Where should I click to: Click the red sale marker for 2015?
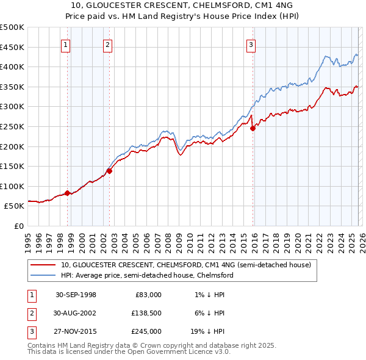(253, 128)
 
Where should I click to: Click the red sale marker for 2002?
(110, 171)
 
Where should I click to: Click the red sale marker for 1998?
(68, 193)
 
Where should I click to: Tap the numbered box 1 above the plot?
(65, 44)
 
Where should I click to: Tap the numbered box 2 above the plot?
(107, 44)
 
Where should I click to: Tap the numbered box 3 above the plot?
(251, 44)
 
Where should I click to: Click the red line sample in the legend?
(44, 265)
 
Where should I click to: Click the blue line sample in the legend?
(44, 275)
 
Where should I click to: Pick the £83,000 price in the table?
(148, 294)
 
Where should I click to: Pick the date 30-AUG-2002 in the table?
(76, 313)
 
